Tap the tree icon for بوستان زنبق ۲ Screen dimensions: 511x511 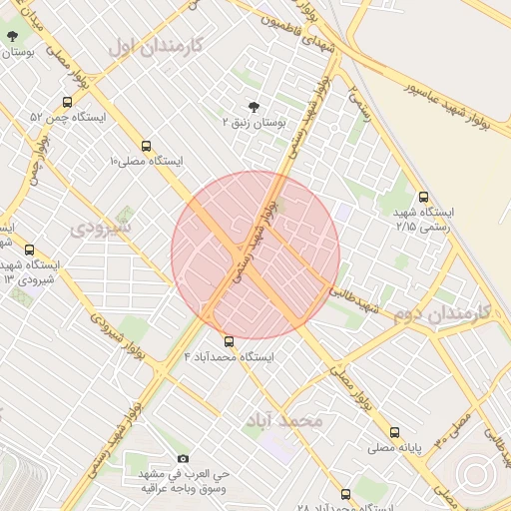pyautogui.click(x=252, y=106)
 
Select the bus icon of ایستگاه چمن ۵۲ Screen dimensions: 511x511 pyautogui.click(x=67, y=101)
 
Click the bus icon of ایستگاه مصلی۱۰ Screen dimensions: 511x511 pyautogui.click(x=147, y=145)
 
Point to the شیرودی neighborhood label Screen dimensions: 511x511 pyautogui.click(x=101, y=228)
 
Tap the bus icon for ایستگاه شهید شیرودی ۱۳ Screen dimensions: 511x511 pyautogui.click(x=29, y=250)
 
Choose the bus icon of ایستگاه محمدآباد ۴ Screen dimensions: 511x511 pyautogui.click(x=230, y=341)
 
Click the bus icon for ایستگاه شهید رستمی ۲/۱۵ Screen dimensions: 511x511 pyautogui.click(x=424, y=197)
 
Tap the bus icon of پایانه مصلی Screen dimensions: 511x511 pyautogui.click(x=395, y=433)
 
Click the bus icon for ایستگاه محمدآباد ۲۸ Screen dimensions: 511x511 pyautogui.click(x=345, y=494)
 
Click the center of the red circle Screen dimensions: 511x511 pyautogui.click(x=255, y=255)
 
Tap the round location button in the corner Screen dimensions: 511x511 pyautogui.click(x=477, y=477)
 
